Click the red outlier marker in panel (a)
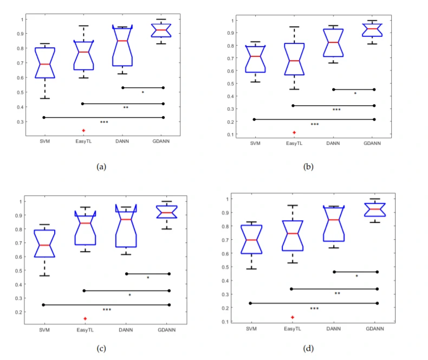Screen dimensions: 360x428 click(x=83, y=130)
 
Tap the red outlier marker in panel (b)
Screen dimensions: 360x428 click(x=294, y=132)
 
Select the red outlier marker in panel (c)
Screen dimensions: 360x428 click(x=85, y=318)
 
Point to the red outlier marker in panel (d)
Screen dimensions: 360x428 click(x=293, y=317)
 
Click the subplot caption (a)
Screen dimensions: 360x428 click(x=101, y=167)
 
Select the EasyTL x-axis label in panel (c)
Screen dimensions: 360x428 click(x=85, y=330)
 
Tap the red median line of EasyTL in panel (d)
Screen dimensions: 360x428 click(x=293, y=233)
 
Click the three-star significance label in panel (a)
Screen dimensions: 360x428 click(x=104, y=123)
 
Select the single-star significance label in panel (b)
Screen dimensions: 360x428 click(x=355, y=94)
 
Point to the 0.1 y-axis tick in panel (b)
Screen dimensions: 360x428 click(x=231, y=134)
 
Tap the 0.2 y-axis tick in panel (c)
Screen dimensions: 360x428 click(x=22, y=312)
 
